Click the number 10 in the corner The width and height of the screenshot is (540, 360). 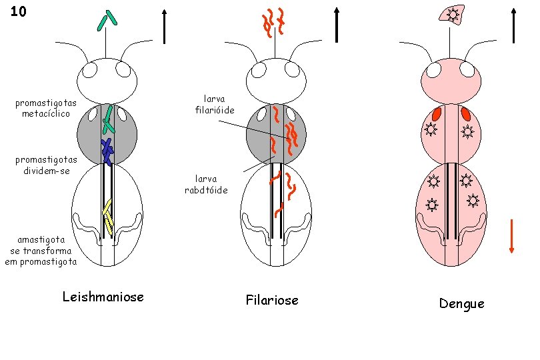pyautogui.click(x=19, y=11)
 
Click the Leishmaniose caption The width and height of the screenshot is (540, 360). pyautogui.click(x=103, y=297)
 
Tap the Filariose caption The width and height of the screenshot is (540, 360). pyautogui.click(x=271, y=300)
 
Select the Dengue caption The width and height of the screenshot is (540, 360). pyautogui.click(x=461, y=304)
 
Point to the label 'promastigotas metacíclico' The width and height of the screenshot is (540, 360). pyautogui.click(x=46, y=108)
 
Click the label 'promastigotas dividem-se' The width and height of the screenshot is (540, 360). pyautogui.click(x=46, y=165)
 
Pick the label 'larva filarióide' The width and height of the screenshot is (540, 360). pyautogui.click(x=214, y=104)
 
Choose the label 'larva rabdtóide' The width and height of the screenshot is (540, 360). pyautogui.click(x=206, y=184)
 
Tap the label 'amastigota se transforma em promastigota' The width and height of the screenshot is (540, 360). pyautogui.click(x=41, y=250)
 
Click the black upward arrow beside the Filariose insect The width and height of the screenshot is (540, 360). pyautogui.click(x=337, y=25)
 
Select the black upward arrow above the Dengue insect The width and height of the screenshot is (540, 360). pyautogui.click(x=513, y=25)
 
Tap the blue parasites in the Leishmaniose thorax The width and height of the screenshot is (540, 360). pyautogui.click(x=107, y=151)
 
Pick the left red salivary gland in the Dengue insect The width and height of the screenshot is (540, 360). pyautogui.click(x=437, y=114)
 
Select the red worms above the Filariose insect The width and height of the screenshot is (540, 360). pyautogui.click(x=274, y=21)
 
